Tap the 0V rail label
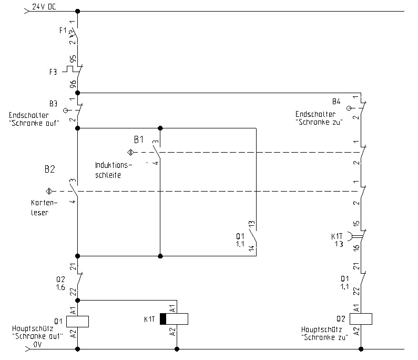pos(37,344)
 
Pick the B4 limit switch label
pos(337,101)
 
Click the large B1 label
pos(139,139)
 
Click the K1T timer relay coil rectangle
pos(174,319)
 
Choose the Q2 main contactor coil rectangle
pos(361,318)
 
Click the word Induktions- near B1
pos(114,165)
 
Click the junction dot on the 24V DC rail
pos(78,11)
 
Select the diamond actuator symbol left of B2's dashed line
pos(49,191)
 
